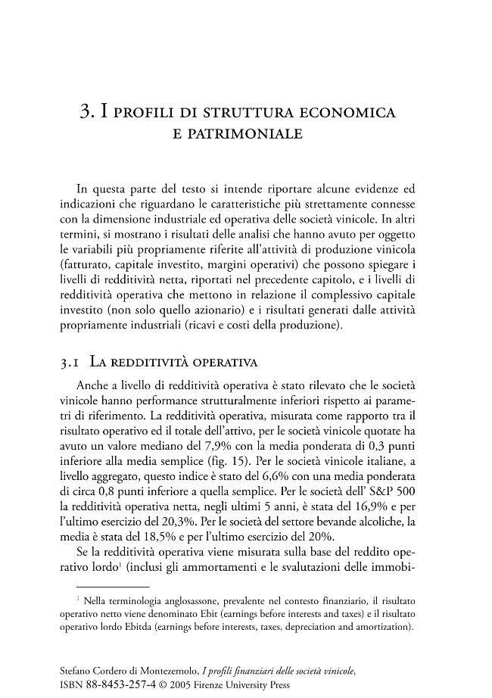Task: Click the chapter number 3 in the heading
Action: pos(86,113)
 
